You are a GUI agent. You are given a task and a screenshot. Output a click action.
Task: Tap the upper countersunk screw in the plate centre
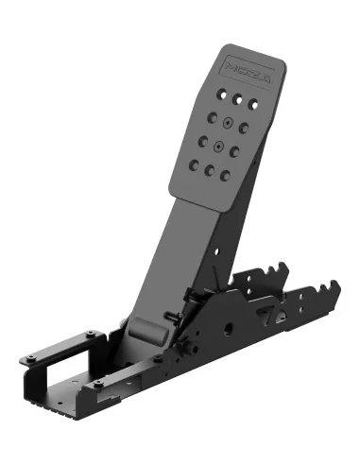point(228,123)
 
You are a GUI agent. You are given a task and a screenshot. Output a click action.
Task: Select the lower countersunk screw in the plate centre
point(218,146)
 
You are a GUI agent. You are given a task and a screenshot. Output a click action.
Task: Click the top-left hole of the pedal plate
point(222,94)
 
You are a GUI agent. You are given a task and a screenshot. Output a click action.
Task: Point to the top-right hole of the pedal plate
point(253,104)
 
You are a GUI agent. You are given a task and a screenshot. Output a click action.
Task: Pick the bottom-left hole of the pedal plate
point(194,164)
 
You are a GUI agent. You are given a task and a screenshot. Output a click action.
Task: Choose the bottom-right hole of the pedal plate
point(225,176)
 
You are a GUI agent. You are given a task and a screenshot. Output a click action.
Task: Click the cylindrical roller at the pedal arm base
point(147,332)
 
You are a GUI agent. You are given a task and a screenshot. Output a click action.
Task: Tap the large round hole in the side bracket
point(228,329)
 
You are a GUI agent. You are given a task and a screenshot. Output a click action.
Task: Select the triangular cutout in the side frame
point(267,316)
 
